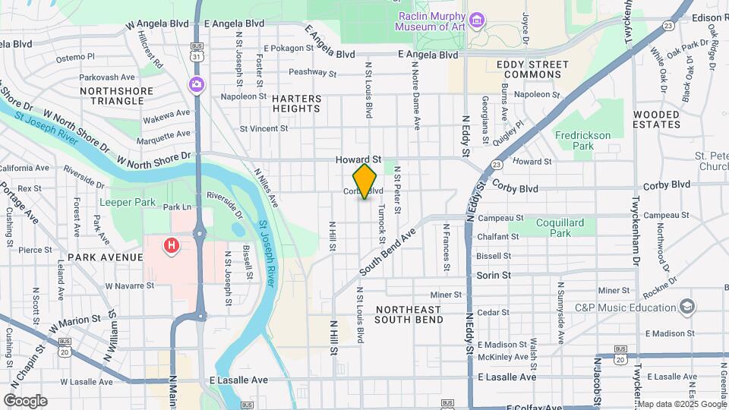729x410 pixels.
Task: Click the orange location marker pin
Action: pos(365,181)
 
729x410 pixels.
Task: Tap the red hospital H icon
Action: pos(172,245)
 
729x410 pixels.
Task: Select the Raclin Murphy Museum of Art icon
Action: pos(477,19)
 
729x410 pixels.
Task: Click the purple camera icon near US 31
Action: pos(197,84)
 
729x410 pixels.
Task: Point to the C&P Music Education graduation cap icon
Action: pos(687,307)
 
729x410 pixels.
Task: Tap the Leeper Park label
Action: pos(128,203)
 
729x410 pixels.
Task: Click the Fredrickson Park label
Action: pos(582,140)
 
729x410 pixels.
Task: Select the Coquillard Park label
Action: pos(560,228)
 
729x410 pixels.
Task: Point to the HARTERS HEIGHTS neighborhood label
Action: pos(296,103)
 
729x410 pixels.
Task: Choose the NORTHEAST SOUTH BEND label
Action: pos(409,314)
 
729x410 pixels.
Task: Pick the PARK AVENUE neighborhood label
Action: pos(105,257)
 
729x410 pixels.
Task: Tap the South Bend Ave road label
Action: pos(388,251)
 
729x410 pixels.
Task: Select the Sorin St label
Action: pos(494,275)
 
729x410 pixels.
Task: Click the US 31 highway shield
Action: pos(197,56)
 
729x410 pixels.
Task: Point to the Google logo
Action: pos(25,400)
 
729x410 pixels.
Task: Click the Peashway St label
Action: pos(312,73)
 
